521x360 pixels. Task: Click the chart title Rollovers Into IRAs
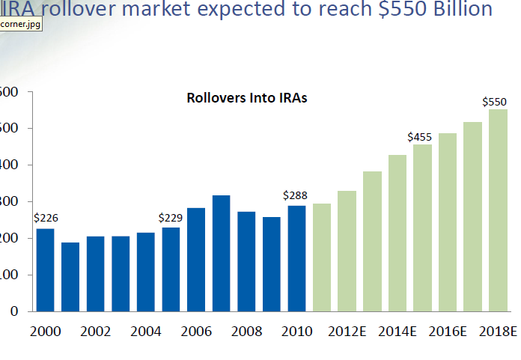click(x=247, y=98)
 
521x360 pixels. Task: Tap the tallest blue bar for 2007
click(x=221, y=253)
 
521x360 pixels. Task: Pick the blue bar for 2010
click(x=296, y=258)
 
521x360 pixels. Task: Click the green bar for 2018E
click(x=498, y=210)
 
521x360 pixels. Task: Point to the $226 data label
click(x=46, y=218)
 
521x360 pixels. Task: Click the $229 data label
click(x=171, y=218)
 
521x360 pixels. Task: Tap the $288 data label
click(x=296, y=195)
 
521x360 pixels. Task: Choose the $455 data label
click(x=420, y=137)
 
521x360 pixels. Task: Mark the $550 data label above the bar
click(x=495, y=101)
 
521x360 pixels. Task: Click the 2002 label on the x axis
click(x=96, y=331)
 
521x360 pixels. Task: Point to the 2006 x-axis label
click(x=196, y=331)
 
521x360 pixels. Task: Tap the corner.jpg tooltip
click(x=20, y=24)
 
